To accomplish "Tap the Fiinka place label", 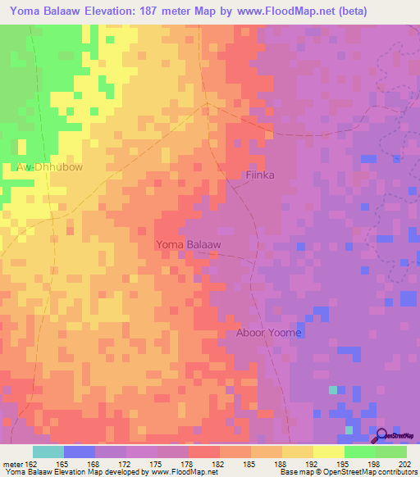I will tap(260, 175).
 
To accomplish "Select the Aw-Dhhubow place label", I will tap(49, 166).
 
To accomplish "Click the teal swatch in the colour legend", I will tap(48, 452).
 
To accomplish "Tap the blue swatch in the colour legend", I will tap(80, 452).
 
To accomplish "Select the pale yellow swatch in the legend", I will tap(329, 452).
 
